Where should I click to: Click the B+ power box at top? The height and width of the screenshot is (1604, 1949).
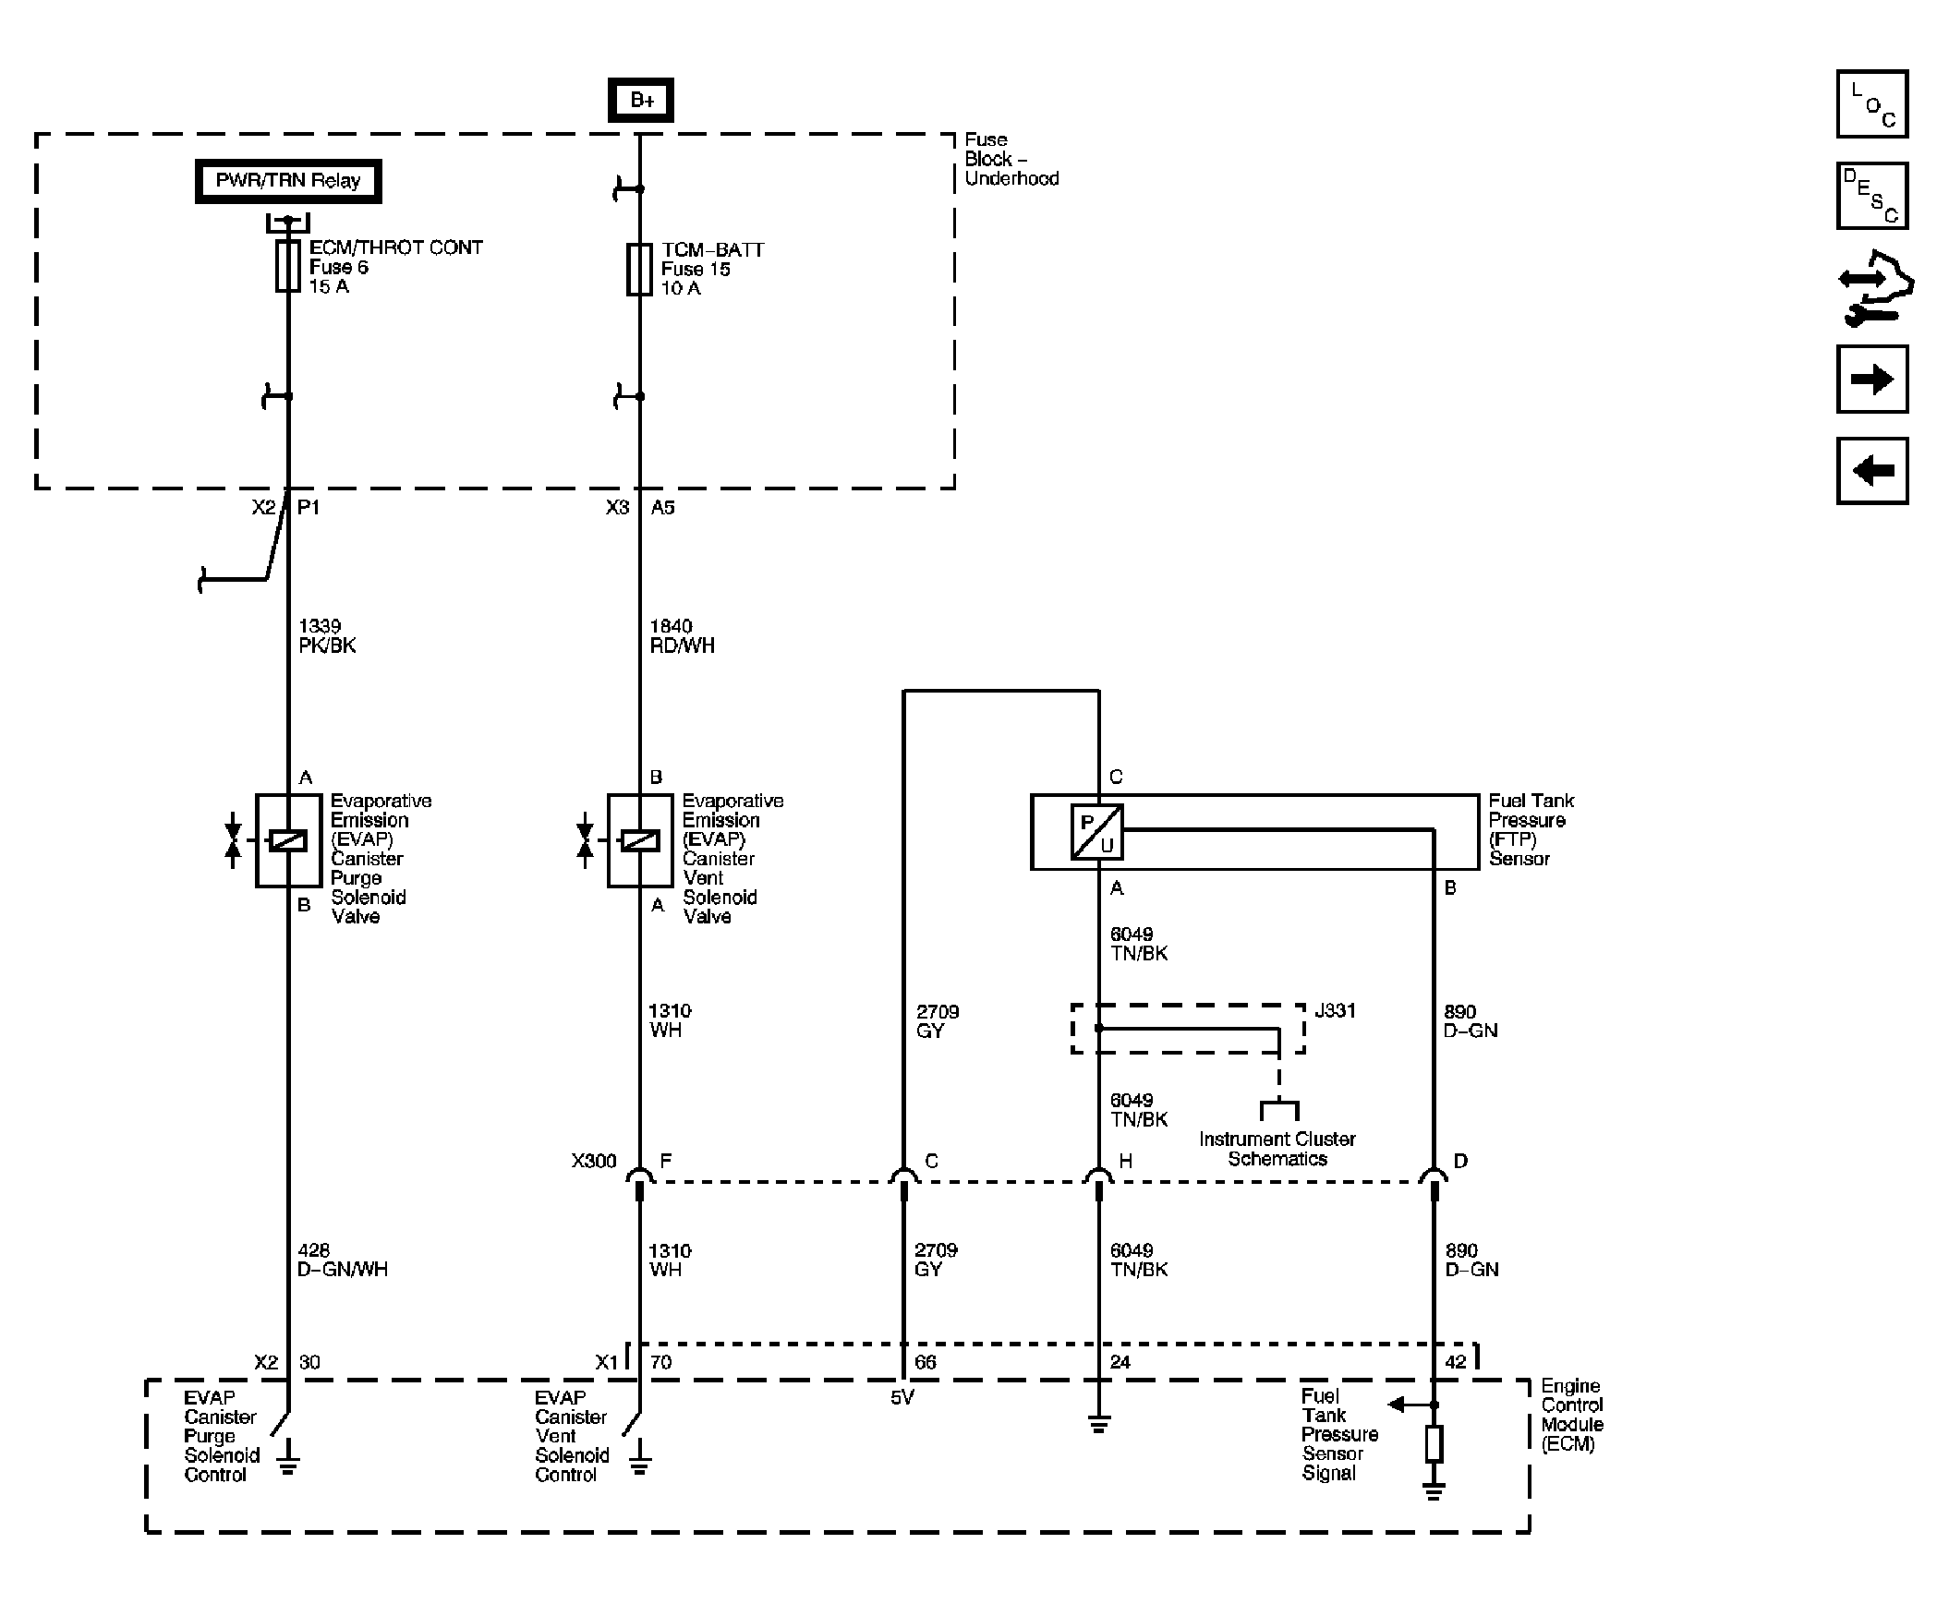point(640,100)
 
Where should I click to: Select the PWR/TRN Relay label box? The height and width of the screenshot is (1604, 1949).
point(287,181)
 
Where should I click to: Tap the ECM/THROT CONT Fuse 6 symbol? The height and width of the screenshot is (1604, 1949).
point(288,266)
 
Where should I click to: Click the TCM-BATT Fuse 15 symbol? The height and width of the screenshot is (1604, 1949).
point(639,270)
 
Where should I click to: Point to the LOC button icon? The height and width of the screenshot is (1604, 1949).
point(1871,103)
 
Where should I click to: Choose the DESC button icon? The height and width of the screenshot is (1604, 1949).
point(1871,196)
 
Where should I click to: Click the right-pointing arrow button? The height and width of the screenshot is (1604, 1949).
point(1871,379)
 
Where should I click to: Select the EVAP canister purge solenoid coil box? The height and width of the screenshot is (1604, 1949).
point(287,840)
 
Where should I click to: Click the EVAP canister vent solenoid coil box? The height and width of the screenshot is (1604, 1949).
point(638,840)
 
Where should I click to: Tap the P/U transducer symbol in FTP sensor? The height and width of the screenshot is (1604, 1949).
point(1097,832)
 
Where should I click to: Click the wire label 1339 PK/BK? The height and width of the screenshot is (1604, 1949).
point(326,635)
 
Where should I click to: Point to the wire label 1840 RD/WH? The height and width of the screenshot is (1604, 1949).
point(682,635)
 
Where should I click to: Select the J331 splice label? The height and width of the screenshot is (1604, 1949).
point(1335,1011)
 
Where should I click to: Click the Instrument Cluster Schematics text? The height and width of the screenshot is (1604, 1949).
point(1277,1149)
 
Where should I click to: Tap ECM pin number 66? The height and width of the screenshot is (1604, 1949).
point(925,1362)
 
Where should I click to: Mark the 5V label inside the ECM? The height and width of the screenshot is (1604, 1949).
point(902,1397)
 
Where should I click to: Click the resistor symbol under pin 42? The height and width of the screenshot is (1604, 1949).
point(1434,1443)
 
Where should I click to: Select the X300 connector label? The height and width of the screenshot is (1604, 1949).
point(593,1161)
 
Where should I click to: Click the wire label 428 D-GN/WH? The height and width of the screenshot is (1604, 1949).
point(342,1260)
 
